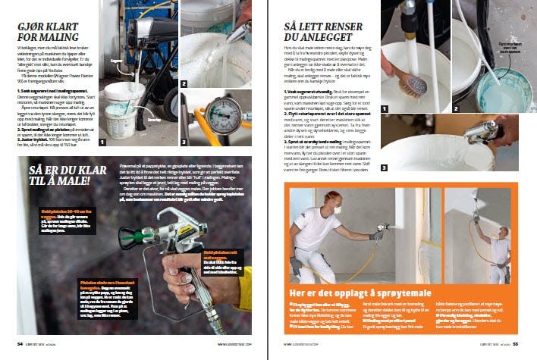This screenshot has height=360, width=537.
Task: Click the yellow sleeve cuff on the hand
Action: (x=245, y=289)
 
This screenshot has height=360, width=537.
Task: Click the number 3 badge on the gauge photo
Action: (x=185, y=141)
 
